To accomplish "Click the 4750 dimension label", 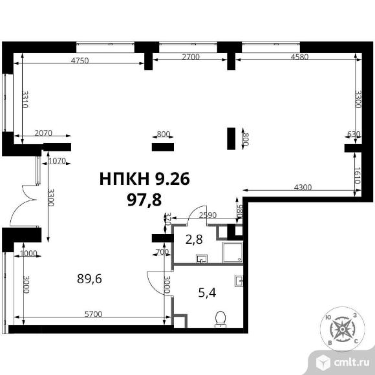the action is pos(80,60).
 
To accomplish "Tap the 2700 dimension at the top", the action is pos(191,57).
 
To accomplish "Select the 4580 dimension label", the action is pos(299,57).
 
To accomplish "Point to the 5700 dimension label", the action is pos(94,314).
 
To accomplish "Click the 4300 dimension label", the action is pos(303,187).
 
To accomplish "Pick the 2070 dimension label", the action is pos(43,133).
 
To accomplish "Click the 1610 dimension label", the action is pos(358,175).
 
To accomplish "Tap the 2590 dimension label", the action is pos(208,215).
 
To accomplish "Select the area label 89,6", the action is pos(89,279).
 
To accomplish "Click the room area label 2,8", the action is pos(194,239).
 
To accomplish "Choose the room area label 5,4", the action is pos(207,292).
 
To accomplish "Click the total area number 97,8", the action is pos(144,200).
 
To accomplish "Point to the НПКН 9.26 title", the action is pos(144,179).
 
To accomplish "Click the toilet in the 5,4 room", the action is pos(220,319).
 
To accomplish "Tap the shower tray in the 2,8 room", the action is pos(233,252).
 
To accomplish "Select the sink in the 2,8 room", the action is pos(202,259).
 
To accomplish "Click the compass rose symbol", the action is pos(342,329).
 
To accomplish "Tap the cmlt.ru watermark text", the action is pos(351,363).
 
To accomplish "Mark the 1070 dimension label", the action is pos(57,161).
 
